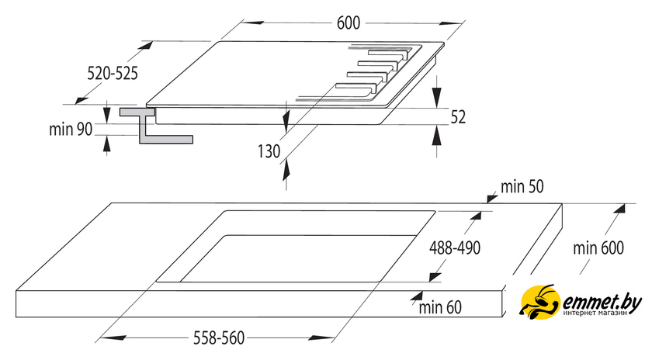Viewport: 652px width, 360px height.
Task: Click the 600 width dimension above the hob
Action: point(348,22)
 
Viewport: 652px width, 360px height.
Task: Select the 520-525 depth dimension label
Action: point(113,74)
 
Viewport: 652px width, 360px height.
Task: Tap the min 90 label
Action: point(71,130)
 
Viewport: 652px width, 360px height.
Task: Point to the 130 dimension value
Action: point(269,151)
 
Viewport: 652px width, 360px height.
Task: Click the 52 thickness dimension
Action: point(458,117)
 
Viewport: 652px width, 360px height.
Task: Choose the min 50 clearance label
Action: point(522,187)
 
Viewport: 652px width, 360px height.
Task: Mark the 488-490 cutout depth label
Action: point(455,248)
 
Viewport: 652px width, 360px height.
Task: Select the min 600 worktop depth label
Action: point(598,248)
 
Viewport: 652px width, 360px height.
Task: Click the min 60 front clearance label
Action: point(440,307)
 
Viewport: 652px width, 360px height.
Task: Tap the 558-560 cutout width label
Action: point(219,337)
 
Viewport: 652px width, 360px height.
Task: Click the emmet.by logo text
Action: point(602,303)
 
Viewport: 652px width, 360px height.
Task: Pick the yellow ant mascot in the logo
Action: point(539,302)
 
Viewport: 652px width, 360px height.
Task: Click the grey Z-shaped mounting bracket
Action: point(156,126)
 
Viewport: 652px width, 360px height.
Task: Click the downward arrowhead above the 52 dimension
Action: point(436,98)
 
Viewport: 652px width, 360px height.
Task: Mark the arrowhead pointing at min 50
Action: point(492,198)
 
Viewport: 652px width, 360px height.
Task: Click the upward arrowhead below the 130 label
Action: point(286,171)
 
